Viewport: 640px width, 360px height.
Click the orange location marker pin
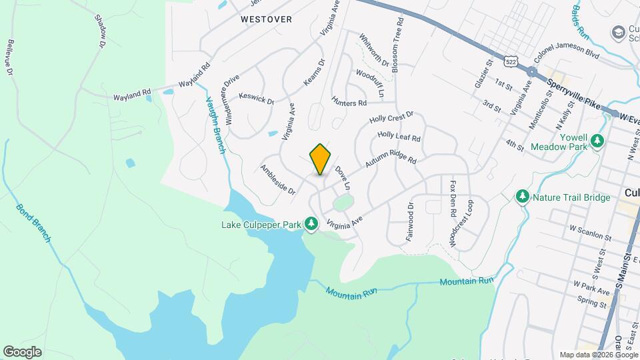[320, 159]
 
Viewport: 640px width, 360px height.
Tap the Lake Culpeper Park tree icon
[311, 224]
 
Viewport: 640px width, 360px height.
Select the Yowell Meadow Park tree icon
[598, 140]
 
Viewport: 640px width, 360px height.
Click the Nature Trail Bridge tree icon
[523, 197]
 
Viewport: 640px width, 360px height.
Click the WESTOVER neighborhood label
[267, 19]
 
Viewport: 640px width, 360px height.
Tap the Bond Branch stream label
[33, 223]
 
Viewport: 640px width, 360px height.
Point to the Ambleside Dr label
[277, 179]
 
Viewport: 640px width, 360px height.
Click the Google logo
[22, 352]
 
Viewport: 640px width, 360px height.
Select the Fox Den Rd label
[453, 199]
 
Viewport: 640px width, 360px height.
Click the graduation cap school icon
[618, 32]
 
